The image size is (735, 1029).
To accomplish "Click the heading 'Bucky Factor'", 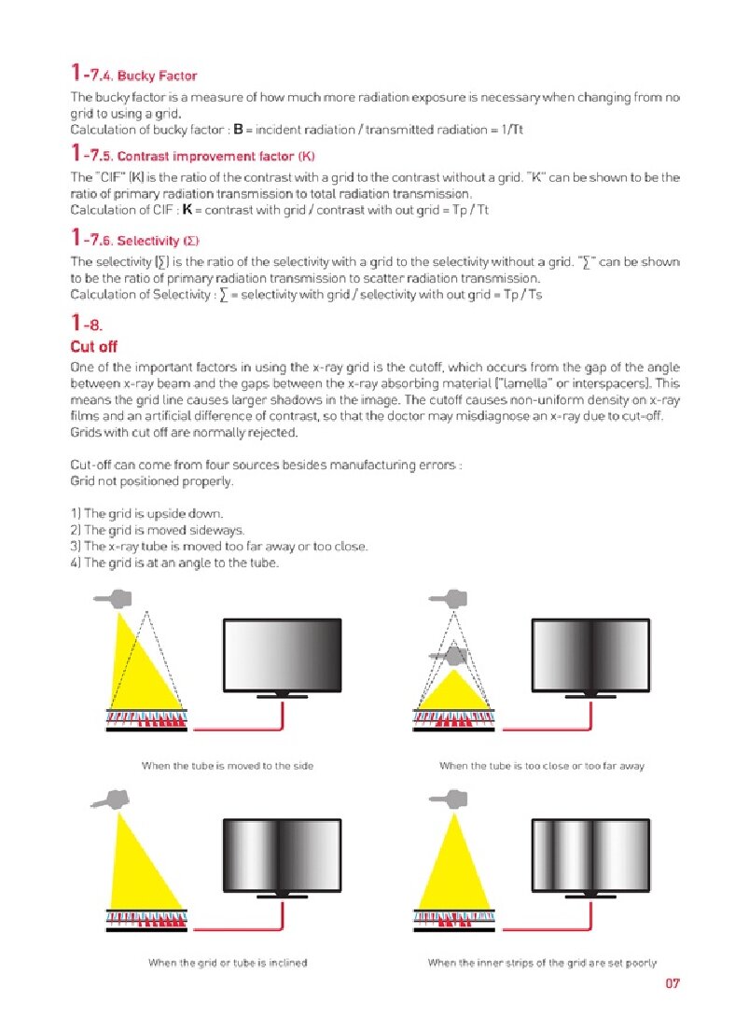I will [157, 75].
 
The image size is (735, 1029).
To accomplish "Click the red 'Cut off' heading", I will [94, 347].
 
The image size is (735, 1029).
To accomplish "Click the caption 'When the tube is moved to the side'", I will [227, 766].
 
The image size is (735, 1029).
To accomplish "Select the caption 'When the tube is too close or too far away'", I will [541, 766].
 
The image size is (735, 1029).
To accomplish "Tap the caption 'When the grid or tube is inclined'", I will [228, 962].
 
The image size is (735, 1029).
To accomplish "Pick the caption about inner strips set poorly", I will [541, 962].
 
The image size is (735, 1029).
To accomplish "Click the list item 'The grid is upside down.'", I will [146, 513].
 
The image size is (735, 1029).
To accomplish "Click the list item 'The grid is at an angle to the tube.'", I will [174, 563].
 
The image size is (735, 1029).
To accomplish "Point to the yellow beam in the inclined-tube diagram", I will [140, 868].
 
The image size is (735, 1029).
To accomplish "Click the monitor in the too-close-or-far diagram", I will [589, 656].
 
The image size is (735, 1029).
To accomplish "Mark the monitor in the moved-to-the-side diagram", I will [283, 656].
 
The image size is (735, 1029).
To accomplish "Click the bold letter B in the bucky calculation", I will [238, 130].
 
